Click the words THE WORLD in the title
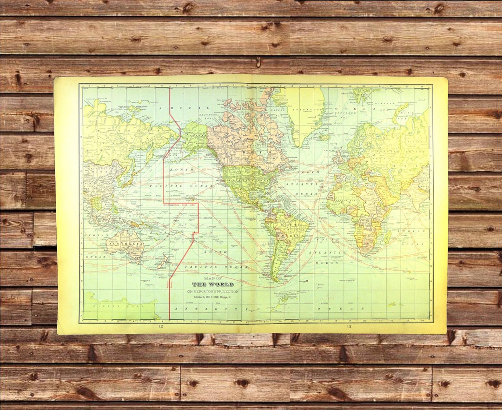point(213,284)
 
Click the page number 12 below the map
point(160,327)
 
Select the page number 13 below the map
point(349,327)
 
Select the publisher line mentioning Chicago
point(212,297)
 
